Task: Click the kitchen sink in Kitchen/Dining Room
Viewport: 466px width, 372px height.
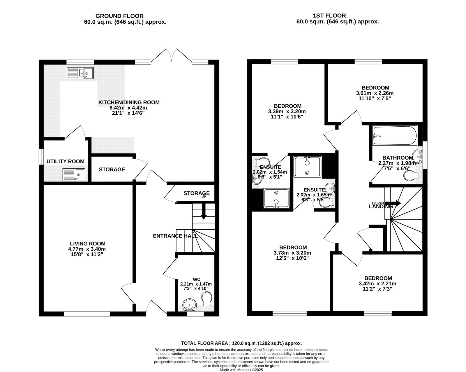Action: pos(80,73)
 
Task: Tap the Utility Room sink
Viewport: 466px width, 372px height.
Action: pos(74,175)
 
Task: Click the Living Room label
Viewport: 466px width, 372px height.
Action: pos(87,244)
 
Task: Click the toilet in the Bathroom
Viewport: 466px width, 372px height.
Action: pos(411,176)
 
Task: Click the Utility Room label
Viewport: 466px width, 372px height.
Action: pos(66,161)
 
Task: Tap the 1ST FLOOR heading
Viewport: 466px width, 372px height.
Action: pos(338,16)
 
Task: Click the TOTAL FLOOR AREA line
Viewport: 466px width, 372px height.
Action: pos(241,343)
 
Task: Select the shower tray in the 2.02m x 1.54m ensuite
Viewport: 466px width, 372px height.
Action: pos(276,198)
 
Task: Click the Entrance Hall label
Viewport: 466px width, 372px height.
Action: pos(175,236)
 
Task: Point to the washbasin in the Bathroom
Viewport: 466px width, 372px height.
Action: pos(419,156)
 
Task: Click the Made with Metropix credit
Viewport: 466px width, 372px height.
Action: pos(241,369)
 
